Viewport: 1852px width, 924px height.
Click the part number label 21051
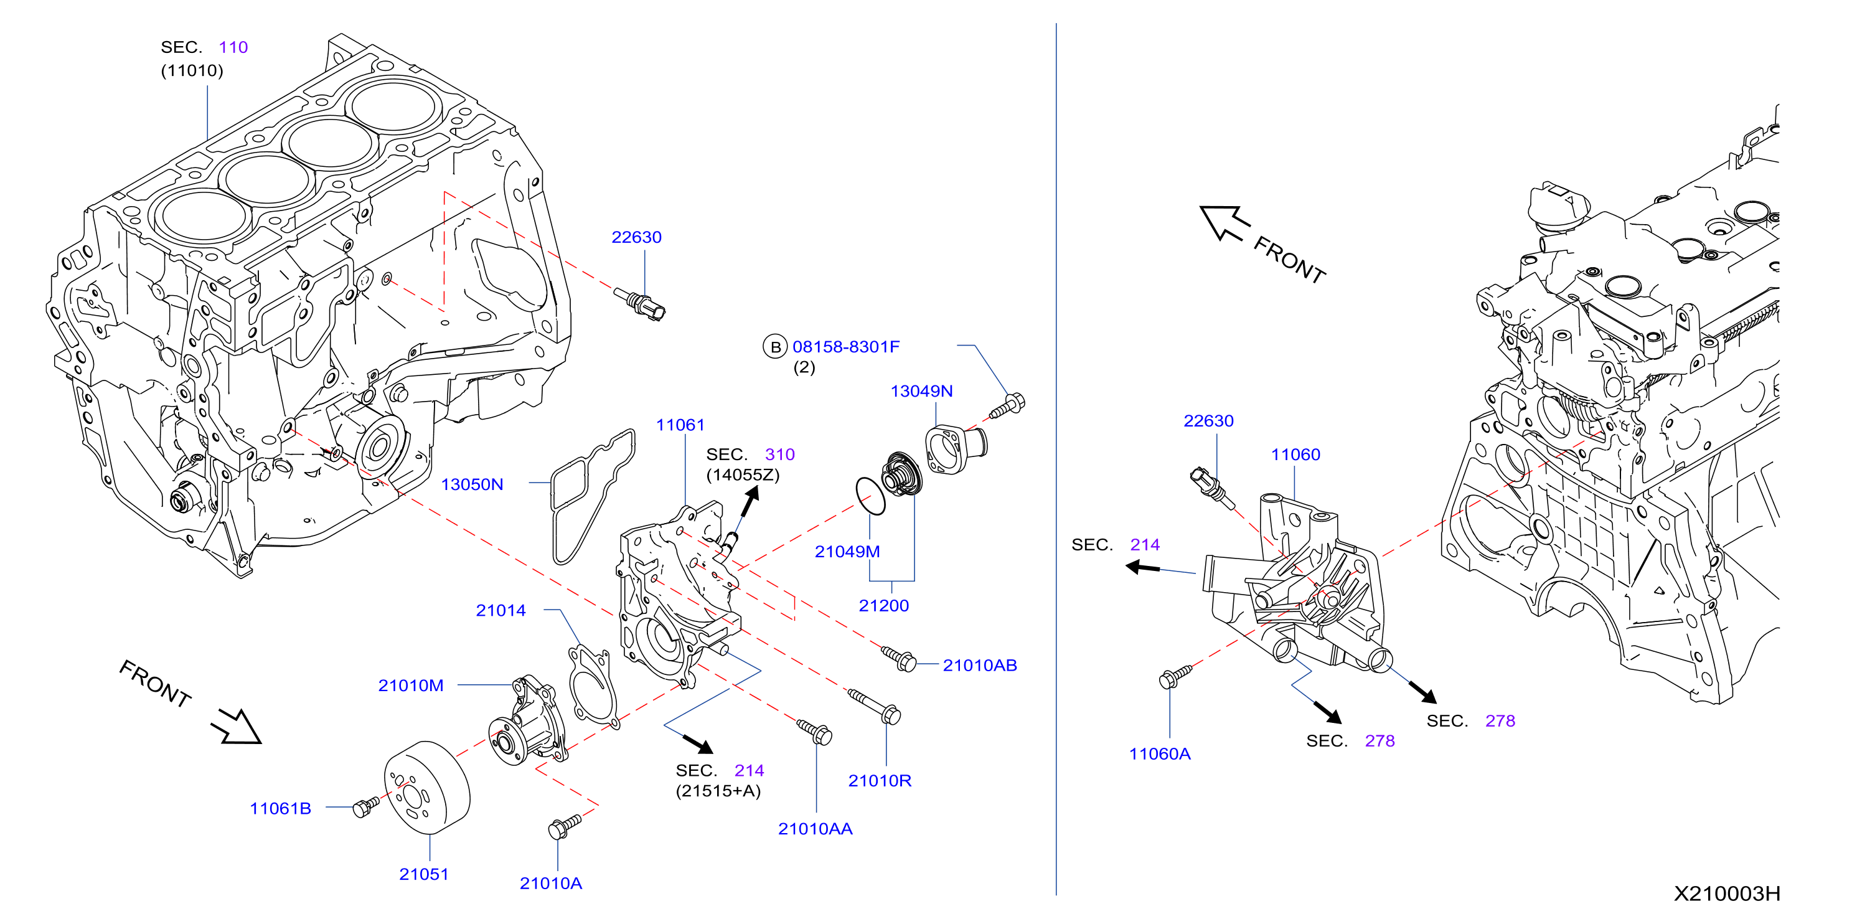(x=423, y=874)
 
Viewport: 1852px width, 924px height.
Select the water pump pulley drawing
(x=427, y=788)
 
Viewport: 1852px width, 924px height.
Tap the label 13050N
(x=472, y=484)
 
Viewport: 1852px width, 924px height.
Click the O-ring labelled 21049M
(x=871, y=496)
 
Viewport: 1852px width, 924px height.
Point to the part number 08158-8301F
(x=846, y=347)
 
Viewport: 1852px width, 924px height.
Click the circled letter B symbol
(x=775, y=347)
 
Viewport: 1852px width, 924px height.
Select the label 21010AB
(x=980, y=666)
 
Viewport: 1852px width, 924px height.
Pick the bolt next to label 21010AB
(x=899, y=658)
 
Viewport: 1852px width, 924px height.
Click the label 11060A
(x=1160, y=753)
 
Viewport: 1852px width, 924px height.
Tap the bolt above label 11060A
(x=1175, y=677)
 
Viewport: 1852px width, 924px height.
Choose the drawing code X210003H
(x=1727, y=893)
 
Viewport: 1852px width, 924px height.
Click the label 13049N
(x=922, y=391)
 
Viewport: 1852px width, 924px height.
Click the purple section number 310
(x=779, y=455)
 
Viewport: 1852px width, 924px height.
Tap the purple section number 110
(x=233, y=47)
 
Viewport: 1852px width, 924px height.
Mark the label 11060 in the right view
(x=1295, y=455)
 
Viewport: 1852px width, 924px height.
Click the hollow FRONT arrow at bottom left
(x=237, y=726)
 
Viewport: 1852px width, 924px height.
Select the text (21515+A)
(x=718, y=791)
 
